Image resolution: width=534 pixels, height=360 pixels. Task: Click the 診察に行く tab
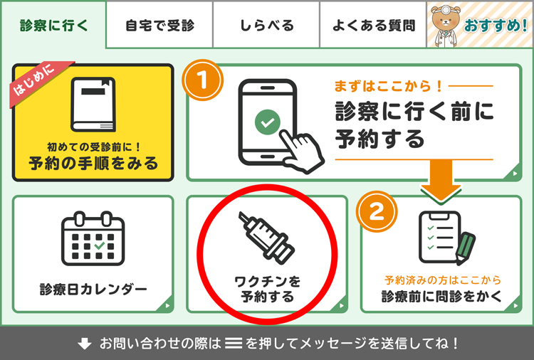(x=54, y=25)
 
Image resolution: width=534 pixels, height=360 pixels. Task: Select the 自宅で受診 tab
(x=159, y=25)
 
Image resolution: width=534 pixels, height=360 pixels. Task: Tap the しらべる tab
(x=266, y=25)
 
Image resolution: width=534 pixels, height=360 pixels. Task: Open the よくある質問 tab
(x=373, y=25)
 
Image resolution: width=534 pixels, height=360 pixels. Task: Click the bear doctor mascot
(x=445, y=26)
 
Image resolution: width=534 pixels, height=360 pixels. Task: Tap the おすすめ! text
(x=496, y=26)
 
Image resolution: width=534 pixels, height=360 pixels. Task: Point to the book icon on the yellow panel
(x=93, y=105)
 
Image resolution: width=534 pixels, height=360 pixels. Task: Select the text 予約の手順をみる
(x=93, y=164)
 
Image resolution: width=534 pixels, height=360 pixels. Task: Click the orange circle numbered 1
(x=203, y=80)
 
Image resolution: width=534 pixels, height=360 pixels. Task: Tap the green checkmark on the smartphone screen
(x=267, y=122)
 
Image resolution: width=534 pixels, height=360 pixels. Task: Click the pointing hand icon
(x=301, y=151)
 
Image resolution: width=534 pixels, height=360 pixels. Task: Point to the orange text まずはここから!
(x=388, y=86)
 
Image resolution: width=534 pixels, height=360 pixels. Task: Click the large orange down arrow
(x=441, y=180)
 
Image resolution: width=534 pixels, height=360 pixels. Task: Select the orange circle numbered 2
(x=377, y=211)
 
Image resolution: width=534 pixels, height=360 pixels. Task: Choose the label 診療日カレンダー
(x=93, y=290)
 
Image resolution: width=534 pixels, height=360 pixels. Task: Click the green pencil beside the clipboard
(x=464, y=248)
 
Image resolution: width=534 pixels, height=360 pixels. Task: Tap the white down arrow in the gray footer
(x=85, y=344)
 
